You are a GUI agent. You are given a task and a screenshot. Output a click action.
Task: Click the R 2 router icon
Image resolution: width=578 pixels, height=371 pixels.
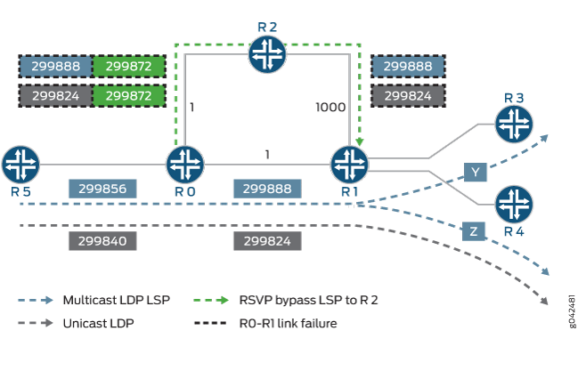coord(265,55)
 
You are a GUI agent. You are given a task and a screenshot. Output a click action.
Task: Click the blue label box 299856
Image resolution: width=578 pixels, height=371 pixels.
coord(103,189)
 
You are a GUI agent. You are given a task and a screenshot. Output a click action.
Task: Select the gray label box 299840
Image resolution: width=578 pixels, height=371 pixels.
coord(103,240)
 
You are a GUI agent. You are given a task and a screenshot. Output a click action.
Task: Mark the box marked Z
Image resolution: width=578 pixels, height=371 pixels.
coord(474,231)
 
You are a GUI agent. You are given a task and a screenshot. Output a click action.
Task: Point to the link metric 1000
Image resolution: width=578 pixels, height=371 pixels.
coord(330,108)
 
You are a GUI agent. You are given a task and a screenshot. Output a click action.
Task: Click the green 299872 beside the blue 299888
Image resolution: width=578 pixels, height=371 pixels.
coord(128,67)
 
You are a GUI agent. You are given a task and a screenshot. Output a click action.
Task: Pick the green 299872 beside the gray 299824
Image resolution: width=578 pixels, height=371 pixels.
coord(128,94)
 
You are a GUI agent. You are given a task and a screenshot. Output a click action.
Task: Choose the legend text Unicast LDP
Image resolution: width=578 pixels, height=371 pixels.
coord(98,323)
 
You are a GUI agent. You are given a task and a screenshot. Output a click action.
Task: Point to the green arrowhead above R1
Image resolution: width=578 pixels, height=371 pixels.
coord(358,140)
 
